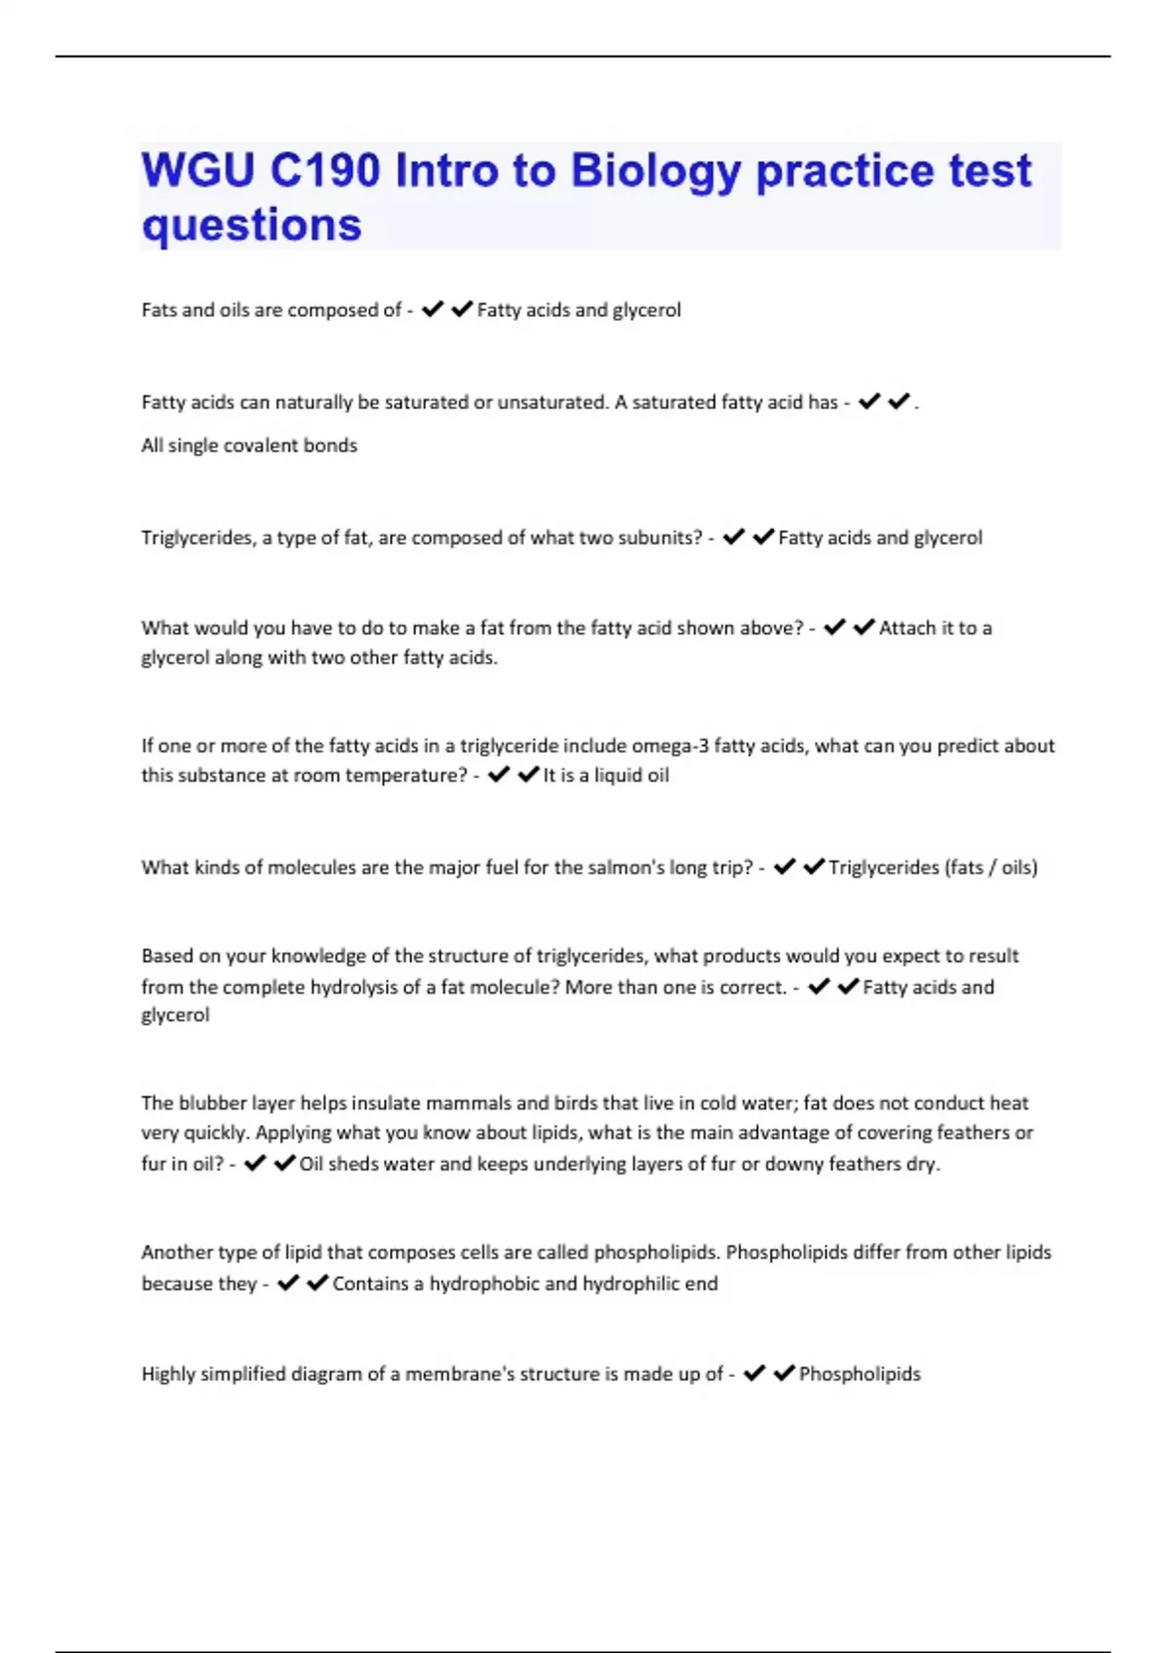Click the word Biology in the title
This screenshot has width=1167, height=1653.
pyautogui.click(x=655, y=172)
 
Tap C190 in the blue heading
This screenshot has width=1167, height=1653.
pyautogui.click(x=325, y=171)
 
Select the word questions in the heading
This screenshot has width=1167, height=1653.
pyautogui.click(x=252, y=226)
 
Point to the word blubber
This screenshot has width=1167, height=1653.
pyautogui.click(x=212, y=1103)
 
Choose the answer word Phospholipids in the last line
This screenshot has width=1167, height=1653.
pyautogui.click(x=860, y=1374)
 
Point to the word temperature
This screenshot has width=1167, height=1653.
pyautogui.click(x=408, y=775)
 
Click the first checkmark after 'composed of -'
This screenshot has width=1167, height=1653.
pyautogui.click(x=433, y=309)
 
